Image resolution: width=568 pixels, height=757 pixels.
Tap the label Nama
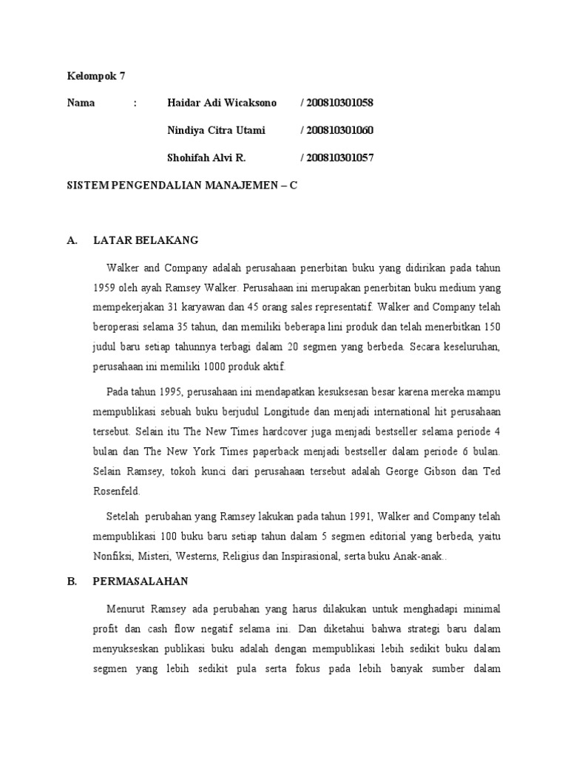81,103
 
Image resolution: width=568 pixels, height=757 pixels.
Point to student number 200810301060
337,131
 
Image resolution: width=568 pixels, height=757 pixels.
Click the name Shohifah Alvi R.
207,158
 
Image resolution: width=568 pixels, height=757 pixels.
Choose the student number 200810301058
337,103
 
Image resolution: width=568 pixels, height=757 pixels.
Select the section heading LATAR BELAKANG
146,241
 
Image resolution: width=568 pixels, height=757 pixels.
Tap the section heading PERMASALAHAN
141,582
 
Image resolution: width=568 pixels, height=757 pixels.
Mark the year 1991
346,515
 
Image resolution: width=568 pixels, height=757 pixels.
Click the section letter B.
72,582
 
